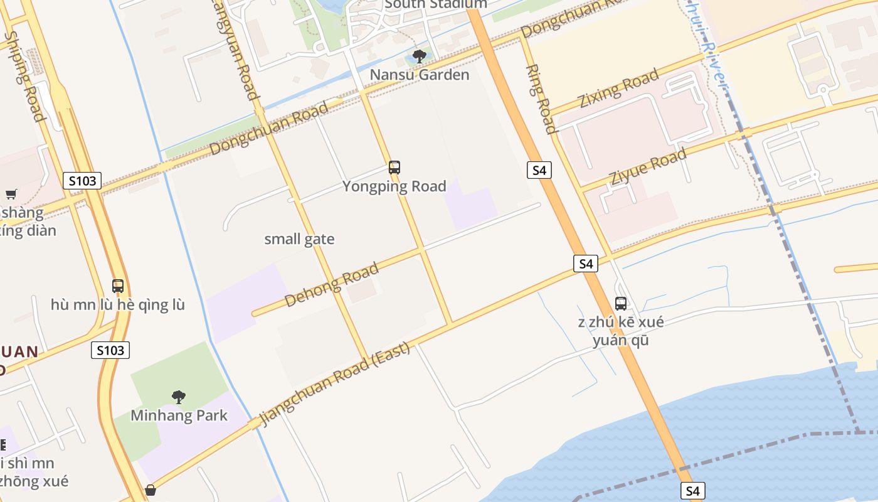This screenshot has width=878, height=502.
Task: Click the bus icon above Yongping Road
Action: [x=394, y=168]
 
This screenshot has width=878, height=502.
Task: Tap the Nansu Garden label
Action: [x=419, y=75]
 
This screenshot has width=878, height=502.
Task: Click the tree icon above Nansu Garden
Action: [x=420, y=56]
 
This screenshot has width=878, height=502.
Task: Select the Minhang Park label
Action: [x=179, y=415]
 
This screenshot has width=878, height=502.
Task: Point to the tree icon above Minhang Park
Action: [x=179, y=397]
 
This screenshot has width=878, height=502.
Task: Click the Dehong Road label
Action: [x=332, y=285]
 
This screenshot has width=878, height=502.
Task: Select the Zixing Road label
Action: [x=618, y=88]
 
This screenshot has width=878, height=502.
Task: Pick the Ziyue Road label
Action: [x=648, y=166]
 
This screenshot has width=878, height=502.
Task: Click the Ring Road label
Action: [x=541, y=99]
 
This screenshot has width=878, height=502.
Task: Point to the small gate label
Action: [x=299, y=239]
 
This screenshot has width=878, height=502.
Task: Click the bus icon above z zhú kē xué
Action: [x=621, y=304]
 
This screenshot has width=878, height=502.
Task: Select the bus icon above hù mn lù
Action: [x=118, y=286]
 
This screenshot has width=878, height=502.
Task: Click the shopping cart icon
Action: [x=11, y=194]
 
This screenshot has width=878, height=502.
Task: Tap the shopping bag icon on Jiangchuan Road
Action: [x=151, y=490]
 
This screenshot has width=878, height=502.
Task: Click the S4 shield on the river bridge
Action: [x=692, y=491]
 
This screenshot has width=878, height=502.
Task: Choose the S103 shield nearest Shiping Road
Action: [x=82, y=181]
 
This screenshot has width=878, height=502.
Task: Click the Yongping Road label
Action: [x=394, y=186]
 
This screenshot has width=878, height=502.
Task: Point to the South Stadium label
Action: [x=436, y=4]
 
